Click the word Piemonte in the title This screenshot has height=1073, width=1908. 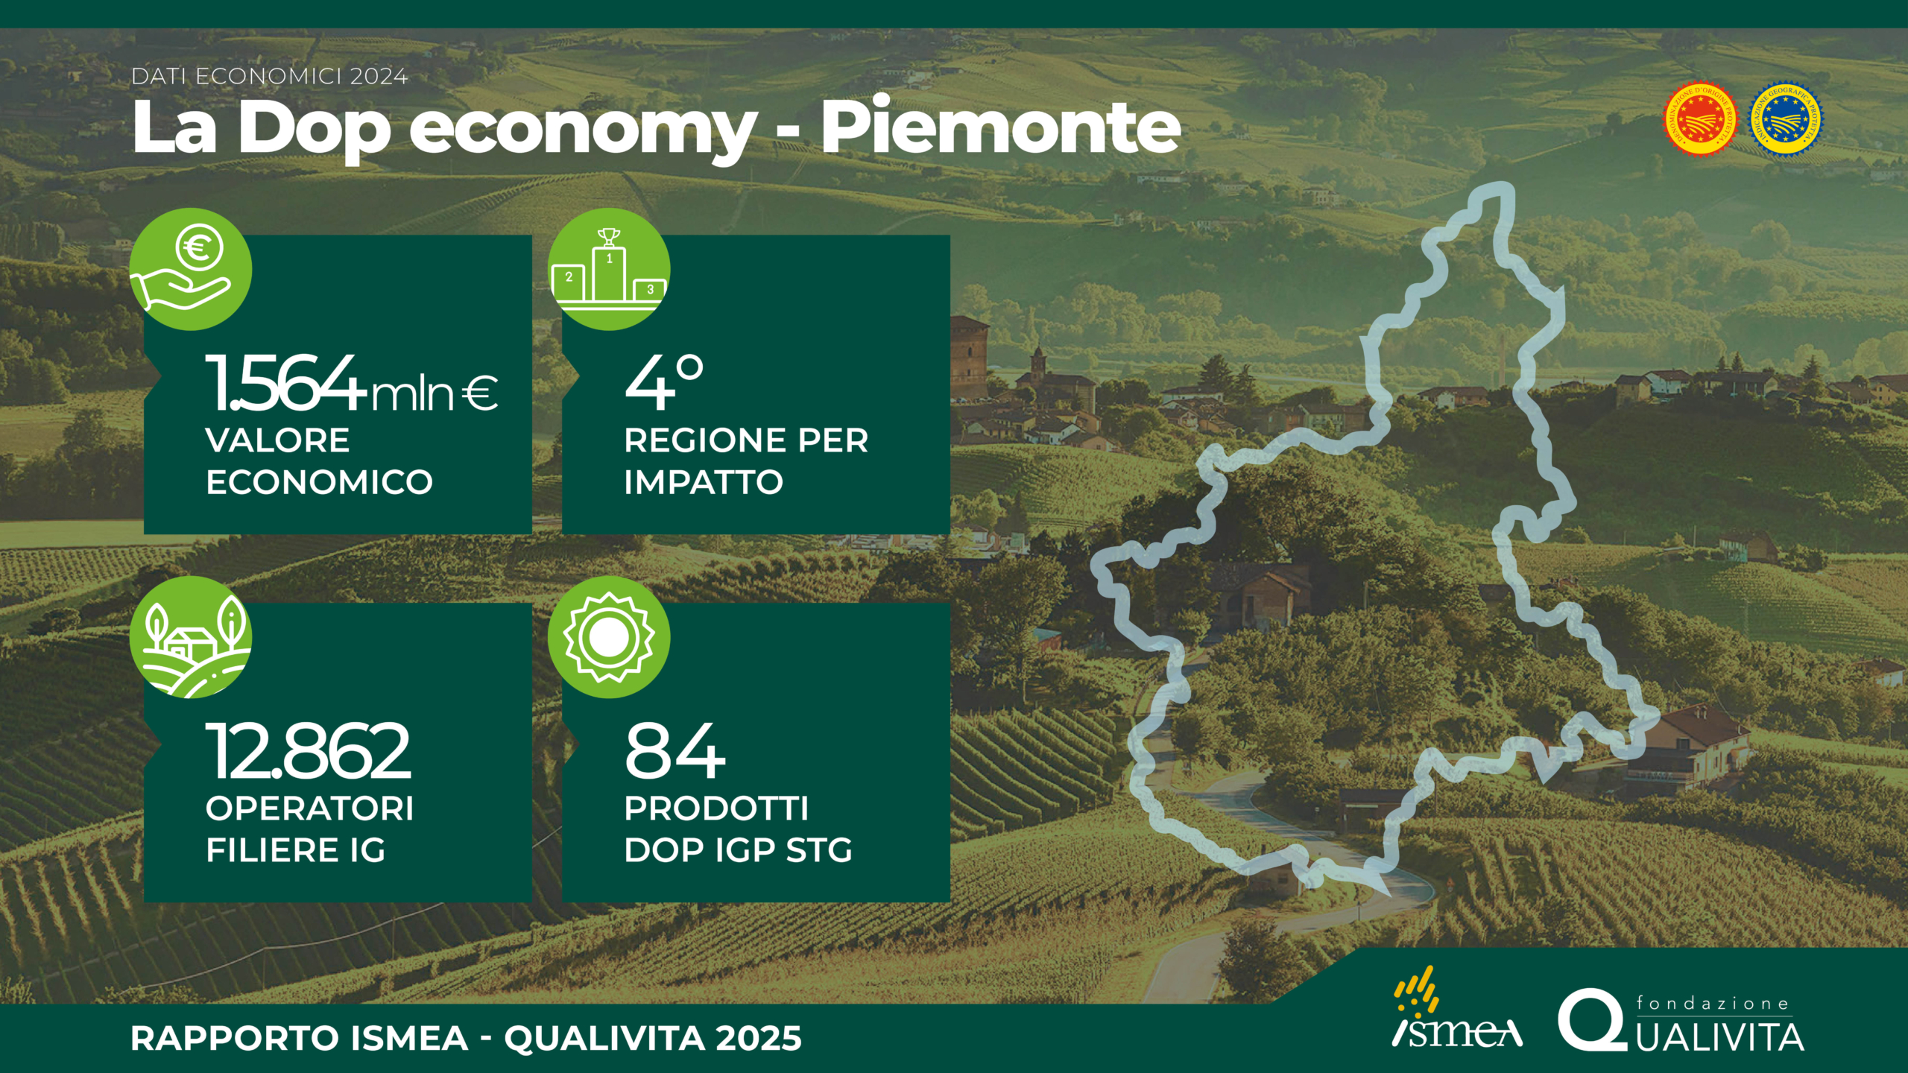tap(1001, 128)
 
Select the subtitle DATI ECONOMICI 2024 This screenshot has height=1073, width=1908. tap(270, 77)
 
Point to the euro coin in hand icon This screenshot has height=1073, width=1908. tap(191, 269)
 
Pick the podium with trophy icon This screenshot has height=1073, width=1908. tap(609, 269)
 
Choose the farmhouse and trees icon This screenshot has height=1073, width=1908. tap(191, 637)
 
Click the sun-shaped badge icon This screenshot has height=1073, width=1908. tap(609, 637)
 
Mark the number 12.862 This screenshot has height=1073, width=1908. tap(308, 750)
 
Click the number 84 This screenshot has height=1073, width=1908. tap(675, 750)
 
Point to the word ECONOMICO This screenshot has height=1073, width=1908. tap(319, 482)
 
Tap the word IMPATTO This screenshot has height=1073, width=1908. tap(704, 482)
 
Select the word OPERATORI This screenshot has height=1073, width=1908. tap(310, 808)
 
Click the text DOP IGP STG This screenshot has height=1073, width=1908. tap(738, 850)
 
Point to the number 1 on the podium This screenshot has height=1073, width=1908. tap(610, 259)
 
